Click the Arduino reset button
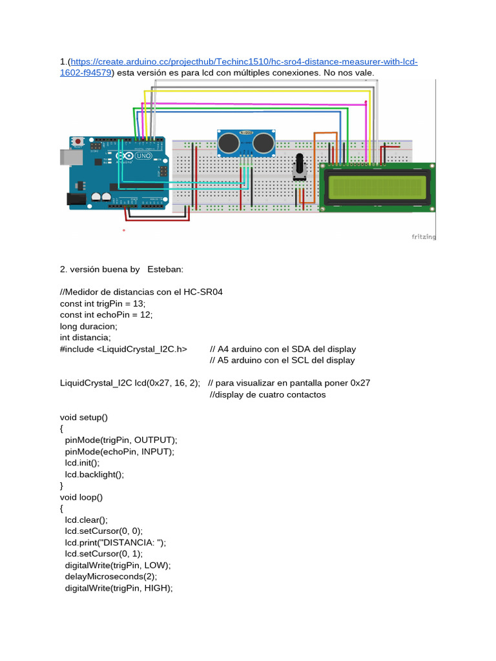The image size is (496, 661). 78,141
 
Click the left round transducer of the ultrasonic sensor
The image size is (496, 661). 228,143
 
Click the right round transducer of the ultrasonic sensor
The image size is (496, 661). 263,143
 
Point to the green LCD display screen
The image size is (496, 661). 376,187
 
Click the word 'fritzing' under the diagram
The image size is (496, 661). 424,237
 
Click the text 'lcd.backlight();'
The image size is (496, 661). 94,474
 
